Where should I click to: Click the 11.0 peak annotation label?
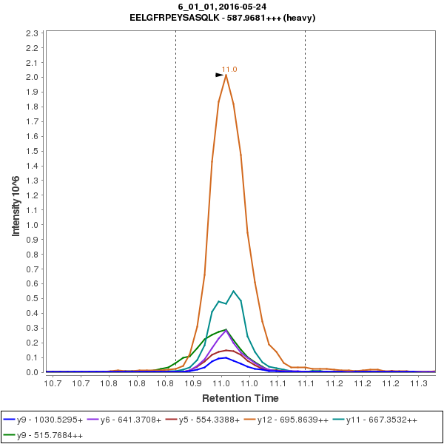click(x=229, y=69)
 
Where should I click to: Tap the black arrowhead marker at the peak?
click(x=219, y=75)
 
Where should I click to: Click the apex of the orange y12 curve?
click(x=226, y=75)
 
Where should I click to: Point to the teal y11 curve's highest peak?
click(x=233, y=291)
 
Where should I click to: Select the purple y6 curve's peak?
click(x=226, y=330)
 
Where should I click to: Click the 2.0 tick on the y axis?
click(x=33, y=78)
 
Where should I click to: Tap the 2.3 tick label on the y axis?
click(x=33, y=33)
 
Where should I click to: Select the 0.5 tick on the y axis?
click(x=33, y=299)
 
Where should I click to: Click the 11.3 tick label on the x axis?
click(x=418, y=383)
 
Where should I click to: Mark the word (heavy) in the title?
click(x=300, y=18)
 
